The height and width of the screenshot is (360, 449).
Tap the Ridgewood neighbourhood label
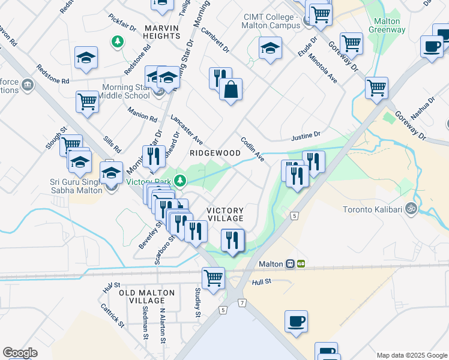pos(215,153)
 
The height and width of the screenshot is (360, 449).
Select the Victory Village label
pos(225,214)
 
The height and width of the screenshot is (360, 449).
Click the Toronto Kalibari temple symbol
pos(411,209)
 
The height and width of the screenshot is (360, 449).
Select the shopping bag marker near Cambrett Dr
pos(231,90)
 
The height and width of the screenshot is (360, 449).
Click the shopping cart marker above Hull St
pos(213,278)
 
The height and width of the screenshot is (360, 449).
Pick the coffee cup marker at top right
pos(431,47)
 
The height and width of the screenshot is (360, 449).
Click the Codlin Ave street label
pos(253,148)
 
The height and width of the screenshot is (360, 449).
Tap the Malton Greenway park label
pos(383,25)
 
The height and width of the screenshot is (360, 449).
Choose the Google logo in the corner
pos(20,353)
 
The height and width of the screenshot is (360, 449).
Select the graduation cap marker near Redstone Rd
pos(86,58)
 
